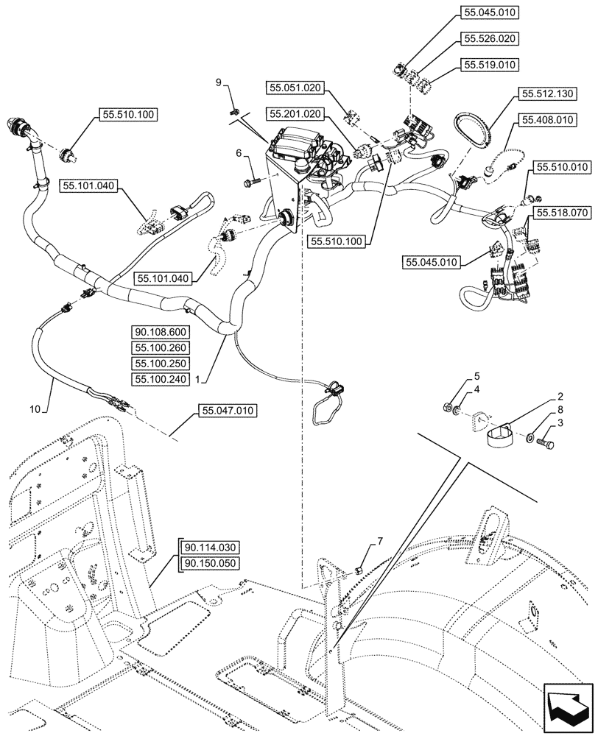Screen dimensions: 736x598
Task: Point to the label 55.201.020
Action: [295, 114]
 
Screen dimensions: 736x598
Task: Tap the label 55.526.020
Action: [490, 38]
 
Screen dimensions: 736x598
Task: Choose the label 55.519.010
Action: [490, 65]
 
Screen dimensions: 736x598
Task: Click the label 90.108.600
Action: [162, 332]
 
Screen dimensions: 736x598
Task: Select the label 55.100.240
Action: [162, 379]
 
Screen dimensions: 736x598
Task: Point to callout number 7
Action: [380, 542]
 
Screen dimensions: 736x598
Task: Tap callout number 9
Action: [218, 83]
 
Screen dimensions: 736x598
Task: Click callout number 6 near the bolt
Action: [239, 152]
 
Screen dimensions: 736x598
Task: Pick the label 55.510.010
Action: [563, 168]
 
